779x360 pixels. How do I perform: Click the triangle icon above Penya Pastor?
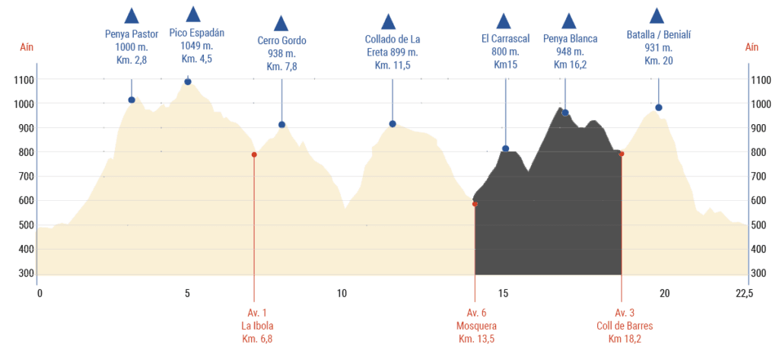click(x=132, y=15)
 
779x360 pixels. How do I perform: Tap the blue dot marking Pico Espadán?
click(x=188, y=81)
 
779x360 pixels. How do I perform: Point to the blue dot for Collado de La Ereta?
click(x=393, y=123)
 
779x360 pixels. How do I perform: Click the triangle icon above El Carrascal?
click(x=502, y=21)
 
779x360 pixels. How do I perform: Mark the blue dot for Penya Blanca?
click(x=565, y=113)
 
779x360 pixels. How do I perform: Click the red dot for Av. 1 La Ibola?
click(x=254, y=155)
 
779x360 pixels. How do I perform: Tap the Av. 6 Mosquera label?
click(x=477, y=326)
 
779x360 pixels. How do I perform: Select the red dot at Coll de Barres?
click(x=622, y=154)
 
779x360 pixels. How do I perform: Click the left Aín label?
click(x=27, y=47)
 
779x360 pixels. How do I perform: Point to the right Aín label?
click(x=752, y=47)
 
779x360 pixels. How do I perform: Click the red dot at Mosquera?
click(x=475, y=204)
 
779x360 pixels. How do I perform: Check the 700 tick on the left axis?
click(x=25, y=177)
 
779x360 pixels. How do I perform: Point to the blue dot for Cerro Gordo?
click(x=281, y=125)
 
